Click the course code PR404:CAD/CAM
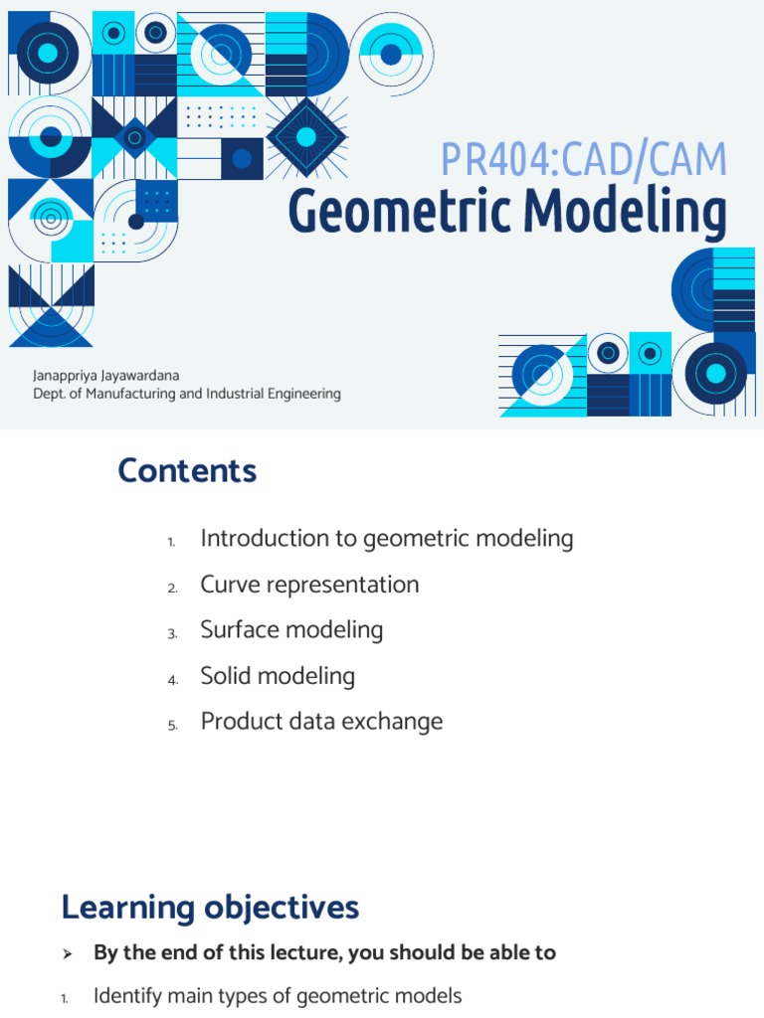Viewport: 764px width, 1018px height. tap(584, 160)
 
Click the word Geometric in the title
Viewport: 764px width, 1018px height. tap(401, 211)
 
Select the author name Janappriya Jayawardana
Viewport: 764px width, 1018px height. tap(106, 376)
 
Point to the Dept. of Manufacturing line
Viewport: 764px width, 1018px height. tap(187, 394)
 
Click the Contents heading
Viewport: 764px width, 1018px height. tap(187, 470)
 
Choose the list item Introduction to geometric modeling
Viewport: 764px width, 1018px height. tap(387, 539)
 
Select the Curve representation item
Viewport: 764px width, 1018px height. tap(309, 585)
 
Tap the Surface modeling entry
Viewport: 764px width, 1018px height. tap(291, 630)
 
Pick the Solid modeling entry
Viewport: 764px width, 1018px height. tap(278, 676)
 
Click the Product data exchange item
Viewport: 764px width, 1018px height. tap(321, 722)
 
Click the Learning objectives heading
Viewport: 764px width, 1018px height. tap(210, 907)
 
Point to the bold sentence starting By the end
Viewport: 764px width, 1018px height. tap(324, 952)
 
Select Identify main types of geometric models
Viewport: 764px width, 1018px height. tap(278, 996)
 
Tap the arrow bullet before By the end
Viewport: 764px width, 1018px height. tap(68, 953)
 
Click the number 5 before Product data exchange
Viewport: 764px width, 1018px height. tap(172, 726)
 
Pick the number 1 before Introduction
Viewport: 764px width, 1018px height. tap(171, 543)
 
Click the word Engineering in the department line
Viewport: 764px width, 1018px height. tap(301, 394)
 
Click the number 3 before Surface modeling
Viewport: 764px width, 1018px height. tap(172, 634)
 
